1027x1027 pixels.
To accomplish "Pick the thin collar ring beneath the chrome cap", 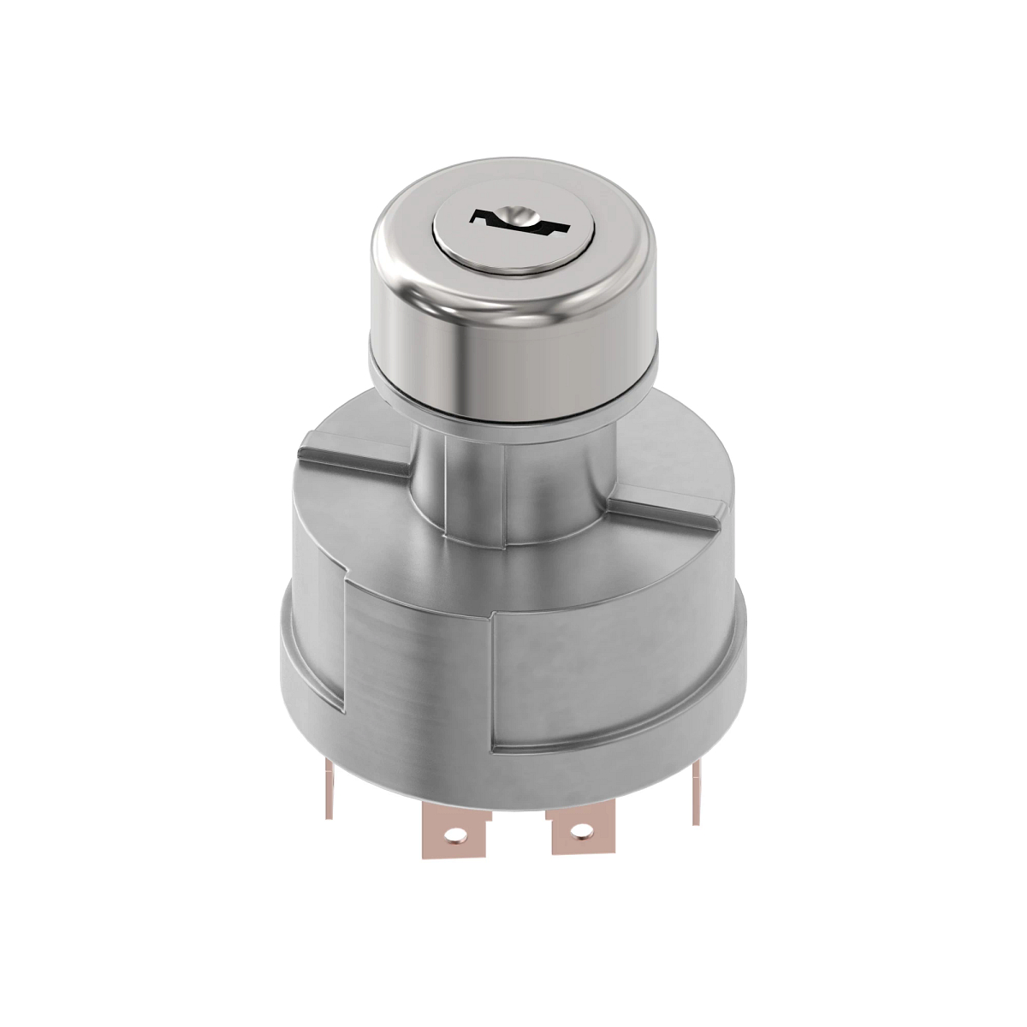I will [513, 406].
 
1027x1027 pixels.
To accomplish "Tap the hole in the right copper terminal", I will [582, 828].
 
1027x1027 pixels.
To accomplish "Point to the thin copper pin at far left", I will [329, 787].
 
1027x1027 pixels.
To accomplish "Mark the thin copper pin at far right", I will [696, 792].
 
